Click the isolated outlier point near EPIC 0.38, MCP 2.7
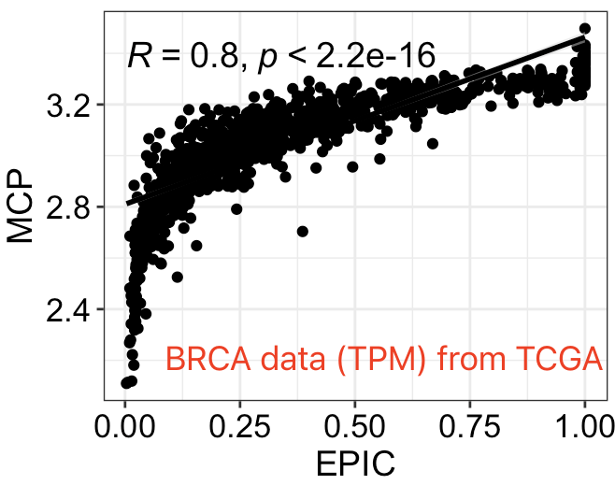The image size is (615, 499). tap(302, 231)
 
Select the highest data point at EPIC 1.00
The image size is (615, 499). tap(585, 29)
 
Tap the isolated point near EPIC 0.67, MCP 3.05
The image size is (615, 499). tap(432, 143)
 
